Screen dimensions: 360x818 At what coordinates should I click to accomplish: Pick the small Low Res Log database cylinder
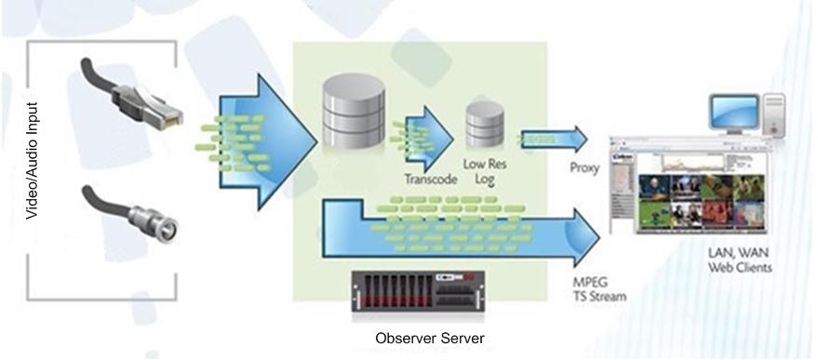tap(485, 124)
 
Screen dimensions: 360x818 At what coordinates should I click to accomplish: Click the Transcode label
tap(430, 180)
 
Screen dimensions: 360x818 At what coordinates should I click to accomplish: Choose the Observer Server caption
tap(429, 338)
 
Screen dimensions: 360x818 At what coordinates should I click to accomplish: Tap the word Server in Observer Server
tap(461, 338)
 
